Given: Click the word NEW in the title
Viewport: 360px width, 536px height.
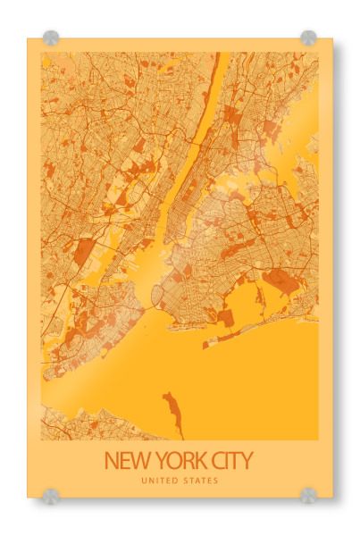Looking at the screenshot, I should (x=124, y=462).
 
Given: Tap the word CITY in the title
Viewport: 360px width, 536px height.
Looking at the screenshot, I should (x=230, y=462).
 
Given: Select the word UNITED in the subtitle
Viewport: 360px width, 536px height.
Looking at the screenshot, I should (x=159, y=482).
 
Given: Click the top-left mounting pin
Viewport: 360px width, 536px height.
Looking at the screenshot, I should (x=50, y=38).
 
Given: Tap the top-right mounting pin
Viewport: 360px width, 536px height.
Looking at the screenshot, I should (x=308, y=38).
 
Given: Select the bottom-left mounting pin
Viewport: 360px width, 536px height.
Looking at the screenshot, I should (x=50, y=495).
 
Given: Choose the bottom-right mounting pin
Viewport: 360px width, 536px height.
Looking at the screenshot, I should (x=308, y=495).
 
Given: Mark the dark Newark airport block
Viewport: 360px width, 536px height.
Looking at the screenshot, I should (x=84, y=252).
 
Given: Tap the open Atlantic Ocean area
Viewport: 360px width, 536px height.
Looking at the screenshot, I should (x=259, y=384).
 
